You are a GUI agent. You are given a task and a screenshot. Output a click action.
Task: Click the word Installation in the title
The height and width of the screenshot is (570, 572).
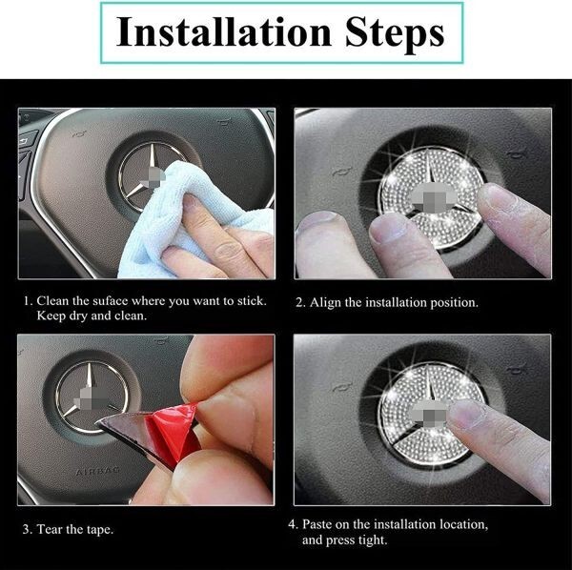tap(224, 32)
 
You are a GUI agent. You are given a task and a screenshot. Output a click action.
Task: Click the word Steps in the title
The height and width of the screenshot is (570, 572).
tap(395, 33)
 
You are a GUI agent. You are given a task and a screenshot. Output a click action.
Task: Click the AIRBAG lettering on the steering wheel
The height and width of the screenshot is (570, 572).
tap(98, 471)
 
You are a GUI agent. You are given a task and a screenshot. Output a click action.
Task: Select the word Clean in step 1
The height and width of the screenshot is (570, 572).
tap(52, 301)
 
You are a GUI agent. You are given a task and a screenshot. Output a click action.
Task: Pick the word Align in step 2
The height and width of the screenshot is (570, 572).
tap(322, 303)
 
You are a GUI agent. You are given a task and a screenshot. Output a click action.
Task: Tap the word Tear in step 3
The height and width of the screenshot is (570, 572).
tap(50, 529)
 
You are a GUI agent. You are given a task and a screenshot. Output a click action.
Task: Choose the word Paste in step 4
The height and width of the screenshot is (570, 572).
tap(317, 524)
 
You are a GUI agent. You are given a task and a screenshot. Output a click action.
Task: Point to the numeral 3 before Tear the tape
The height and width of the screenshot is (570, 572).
tap(26, 529)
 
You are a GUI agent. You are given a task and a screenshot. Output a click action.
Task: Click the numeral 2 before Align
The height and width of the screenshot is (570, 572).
tap(299, 303)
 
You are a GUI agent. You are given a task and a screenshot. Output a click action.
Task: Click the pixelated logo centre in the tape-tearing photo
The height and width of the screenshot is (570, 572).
tap(91, 400)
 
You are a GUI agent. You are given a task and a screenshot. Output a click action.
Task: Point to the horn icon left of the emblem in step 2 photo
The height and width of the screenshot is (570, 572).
tap(343, 172)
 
